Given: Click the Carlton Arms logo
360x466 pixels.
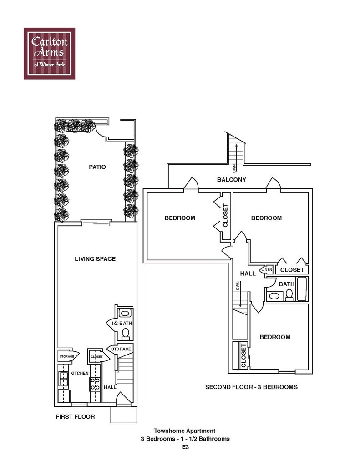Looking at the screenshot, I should (49, 53).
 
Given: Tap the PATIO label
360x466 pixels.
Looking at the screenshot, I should (97, 167).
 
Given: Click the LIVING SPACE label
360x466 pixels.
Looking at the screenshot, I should (95, 259).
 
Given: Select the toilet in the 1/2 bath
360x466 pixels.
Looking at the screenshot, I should (125, 334).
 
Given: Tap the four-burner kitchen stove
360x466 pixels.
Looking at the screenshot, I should (95, 383).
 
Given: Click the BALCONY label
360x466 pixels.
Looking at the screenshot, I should (231, 180).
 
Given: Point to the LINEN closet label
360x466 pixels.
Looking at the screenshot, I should (267, 270).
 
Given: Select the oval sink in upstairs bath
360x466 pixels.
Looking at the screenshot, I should (274, 296).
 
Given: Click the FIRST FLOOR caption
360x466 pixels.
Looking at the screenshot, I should (75, 416).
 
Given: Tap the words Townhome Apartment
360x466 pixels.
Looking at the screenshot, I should (184, 431).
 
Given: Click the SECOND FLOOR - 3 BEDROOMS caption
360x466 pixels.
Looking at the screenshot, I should (251, 387).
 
